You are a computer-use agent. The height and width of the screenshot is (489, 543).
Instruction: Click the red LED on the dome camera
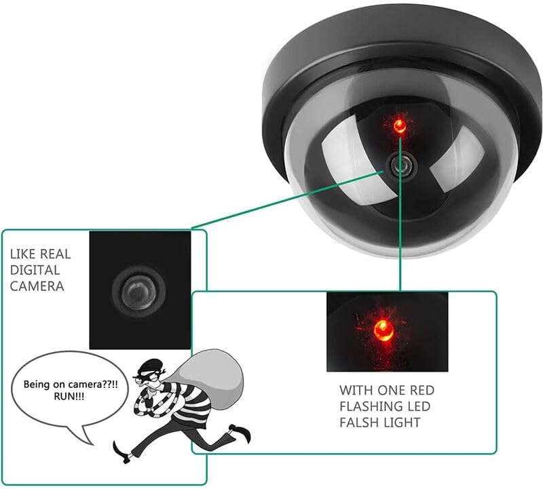(x=401, y=125)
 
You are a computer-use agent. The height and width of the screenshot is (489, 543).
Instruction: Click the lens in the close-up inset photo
(x=136, y=290)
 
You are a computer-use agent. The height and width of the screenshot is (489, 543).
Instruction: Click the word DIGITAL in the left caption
(x=31, y=270)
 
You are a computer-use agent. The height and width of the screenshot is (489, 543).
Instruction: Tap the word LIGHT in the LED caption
(x=403, y=423)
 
